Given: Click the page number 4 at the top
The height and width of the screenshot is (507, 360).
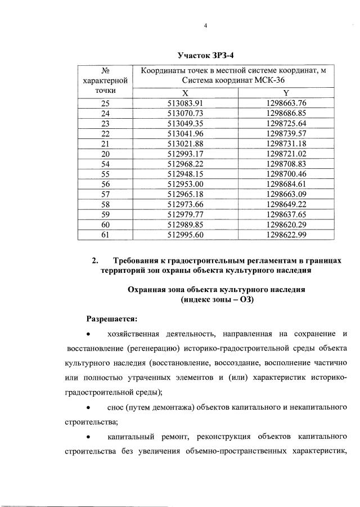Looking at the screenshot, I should (206, 26).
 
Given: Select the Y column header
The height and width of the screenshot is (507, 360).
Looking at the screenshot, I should (286, 92).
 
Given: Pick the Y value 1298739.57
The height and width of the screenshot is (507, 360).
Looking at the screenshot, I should (286, 133).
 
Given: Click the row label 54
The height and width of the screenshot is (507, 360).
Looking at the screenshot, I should (105, 163).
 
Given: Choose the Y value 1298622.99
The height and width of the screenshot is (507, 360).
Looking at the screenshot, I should (286, 234).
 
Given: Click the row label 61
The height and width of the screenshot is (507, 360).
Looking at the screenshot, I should (105, 234).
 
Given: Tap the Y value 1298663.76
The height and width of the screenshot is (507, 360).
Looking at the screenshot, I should (286, 103).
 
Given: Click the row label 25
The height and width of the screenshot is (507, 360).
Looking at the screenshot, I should (105, 103).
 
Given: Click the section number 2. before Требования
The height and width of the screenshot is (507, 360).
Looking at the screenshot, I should (95, 261).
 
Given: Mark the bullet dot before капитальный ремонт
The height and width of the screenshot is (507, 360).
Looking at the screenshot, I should (89, 437).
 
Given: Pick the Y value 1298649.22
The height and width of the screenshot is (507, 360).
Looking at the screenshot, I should (286, 204).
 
